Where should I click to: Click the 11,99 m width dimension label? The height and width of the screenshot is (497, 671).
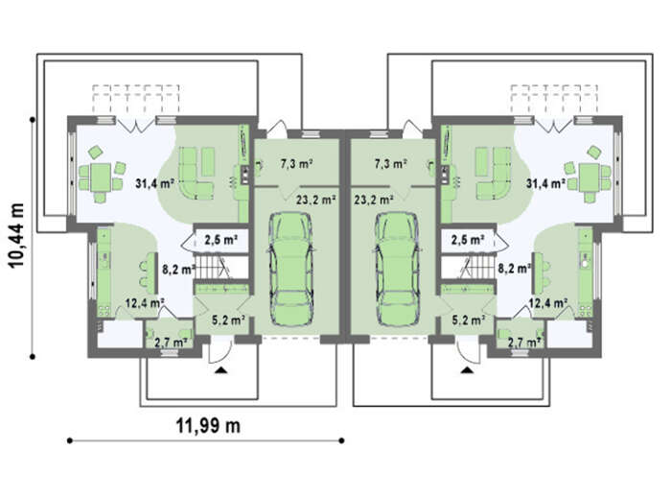click(x=208, y=425)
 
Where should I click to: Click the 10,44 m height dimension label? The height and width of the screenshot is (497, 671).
click(x=16, y=235)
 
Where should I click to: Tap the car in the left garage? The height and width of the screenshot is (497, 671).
click(x=291, y=269)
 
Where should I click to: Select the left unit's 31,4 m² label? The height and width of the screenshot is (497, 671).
click(x=154, y=184)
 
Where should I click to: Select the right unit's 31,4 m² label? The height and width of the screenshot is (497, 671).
click(x=545, y=184)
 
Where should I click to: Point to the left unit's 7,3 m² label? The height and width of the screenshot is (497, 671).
click(x=296, y=163)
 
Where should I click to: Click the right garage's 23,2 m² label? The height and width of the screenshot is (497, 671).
click(x=374, y=200)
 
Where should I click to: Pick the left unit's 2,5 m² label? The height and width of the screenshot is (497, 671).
click(x=220, y=240)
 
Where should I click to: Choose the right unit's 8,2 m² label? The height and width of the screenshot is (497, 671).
click(x=514, y=269)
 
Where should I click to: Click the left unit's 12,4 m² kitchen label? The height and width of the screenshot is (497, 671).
click(x=145, y=303)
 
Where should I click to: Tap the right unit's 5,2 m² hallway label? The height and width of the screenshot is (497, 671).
click(x=469, y=319)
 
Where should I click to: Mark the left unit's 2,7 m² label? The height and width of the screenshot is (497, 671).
click(x=171, y=342)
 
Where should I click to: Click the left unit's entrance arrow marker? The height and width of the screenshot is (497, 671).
click(x=220, y=371)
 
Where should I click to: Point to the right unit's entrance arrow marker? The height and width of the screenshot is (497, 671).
click(x=467, y=371)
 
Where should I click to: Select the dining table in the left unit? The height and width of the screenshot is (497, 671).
click(x=101, y=177)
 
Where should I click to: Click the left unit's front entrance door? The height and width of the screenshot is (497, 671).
click(x=220, y=349)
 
